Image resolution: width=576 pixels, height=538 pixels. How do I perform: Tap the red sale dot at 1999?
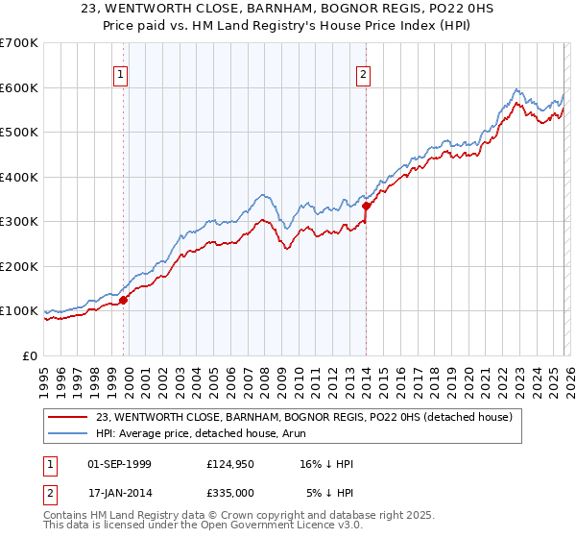(123, 300)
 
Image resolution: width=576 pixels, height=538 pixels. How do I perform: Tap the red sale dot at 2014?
(367, 206)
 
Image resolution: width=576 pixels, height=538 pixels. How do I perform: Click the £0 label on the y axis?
(31, 355)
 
